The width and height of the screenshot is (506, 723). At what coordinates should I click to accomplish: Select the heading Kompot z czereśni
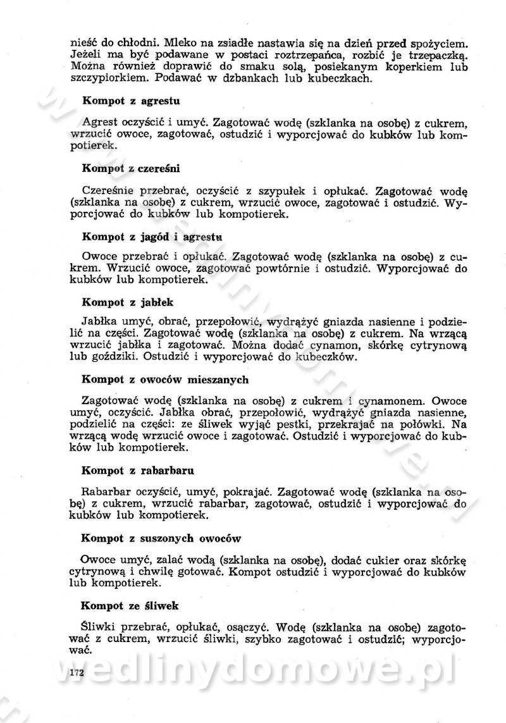pyautogui.click(x=132, y=168)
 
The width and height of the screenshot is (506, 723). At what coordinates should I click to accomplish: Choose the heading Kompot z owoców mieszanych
pyautogui.click(x=165, y=380)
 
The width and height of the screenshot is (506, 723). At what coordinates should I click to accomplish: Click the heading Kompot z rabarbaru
pyautogui.click(x=138, y=471)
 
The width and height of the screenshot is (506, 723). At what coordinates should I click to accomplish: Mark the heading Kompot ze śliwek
pyautogui.click(x=131, y=605)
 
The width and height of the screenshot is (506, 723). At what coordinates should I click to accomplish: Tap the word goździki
pyautogui.click(x=121, y=357)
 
